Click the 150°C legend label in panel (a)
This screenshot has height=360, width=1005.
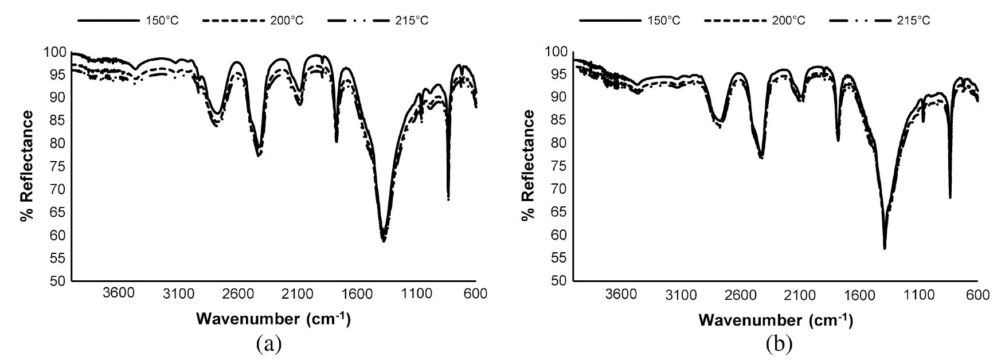tap(162, 21)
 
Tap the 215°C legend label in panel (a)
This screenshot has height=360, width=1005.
tap(412, 21)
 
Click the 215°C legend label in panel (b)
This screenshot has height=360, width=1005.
tap(914, 21)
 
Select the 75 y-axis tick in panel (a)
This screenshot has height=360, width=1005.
tap(56, 167)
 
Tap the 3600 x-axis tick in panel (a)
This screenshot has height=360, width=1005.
tap(119, 294)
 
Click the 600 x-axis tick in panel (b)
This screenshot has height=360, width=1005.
tap(977, 294)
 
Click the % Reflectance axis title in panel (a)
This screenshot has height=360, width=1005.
tap(26, 166)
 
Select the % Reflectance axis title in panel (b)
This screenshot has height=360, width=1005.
tap(529, 166)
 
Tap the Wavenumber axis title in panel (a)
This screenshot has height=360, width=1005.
tap(273, 318)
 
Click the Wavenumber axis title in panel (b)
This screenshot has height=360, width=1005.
tap(775, 319)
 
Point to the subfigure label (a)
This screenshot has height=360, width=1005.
tap(269, 344)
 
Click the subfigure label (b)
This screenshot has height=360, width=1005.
tap(779, 344)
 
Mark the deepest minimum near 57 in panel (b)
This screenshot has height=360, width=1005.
tap(885, 248)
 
